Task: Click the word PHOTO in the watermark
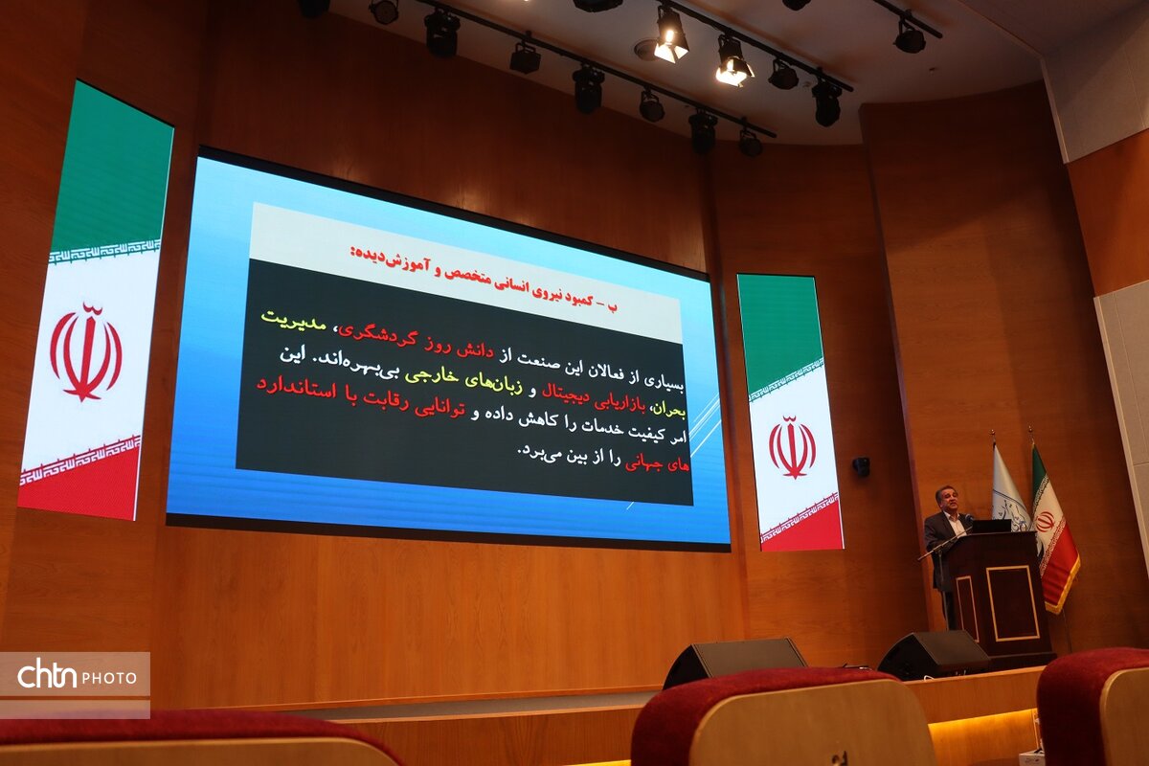coord(109,678)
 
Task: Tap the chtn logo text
coord(47,675)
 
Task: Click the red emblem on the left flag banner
coord(85,352)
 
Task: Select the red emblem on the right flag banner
coord(792,447)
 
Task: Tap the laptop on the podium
coord(991,526)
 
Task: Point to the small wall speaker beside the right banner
coord(861,466)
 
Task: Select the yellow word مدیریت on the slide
coord(293,319)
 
